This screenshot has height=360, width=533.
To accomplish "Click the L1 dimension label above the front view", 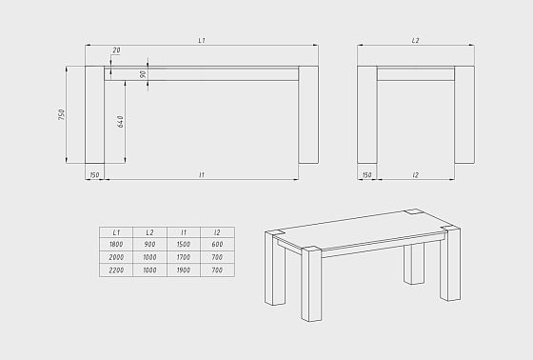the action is [x=202, y=41].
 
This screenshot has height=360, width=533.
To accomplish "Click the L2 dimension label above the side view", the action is [x=415, y=41].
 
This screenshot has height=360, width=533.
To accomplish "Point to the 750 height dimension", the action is [x=62, y=114].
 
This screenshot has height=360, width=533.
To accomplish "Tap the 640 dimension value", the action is [x=120, y=122].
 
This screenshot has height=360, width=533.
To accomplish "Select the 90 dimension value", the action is [x=143, y=74].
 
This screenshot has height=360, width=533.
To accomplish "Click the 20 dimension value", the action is [x=116, y=50].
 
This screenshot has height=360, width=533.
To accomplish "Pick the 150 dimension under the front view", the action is [x=94, y=175].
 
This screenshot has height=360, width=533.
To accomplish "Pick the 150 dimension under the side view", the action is [x=366, y=175].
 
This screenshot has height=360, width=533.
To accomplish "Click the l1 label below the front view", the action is [x=202, y=175].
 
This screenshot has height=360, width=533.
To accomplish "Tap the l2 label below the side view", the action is [x=415, y=175].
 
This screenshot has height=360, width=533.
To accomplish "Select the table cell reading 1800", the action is [x=116, y=245].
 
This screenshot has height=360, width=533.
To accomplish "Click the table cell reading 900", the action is [x=150, y=245].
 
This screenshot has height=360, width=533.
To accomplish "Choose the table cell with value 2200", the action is [x=116, y=270].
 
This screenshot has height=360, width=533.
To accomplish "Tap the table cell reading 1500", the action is [x=184, y=245].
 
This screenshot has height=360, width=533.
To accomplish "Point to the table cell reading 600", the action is [x=218, y=245].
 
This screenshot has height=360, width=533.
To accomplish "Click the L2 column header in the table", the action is [x=150, y=232].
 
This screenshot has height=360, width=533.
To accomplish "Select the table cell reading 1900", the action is [x=184, y=270].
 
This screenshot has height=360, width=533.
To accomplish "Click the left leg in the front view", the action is [x=94, y=114].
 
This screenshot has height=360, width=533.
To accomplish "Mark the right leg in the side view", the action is [x=464, y=114].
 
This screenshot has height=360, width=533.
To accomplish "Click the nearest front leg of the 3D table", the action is [x=311, y=284].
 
